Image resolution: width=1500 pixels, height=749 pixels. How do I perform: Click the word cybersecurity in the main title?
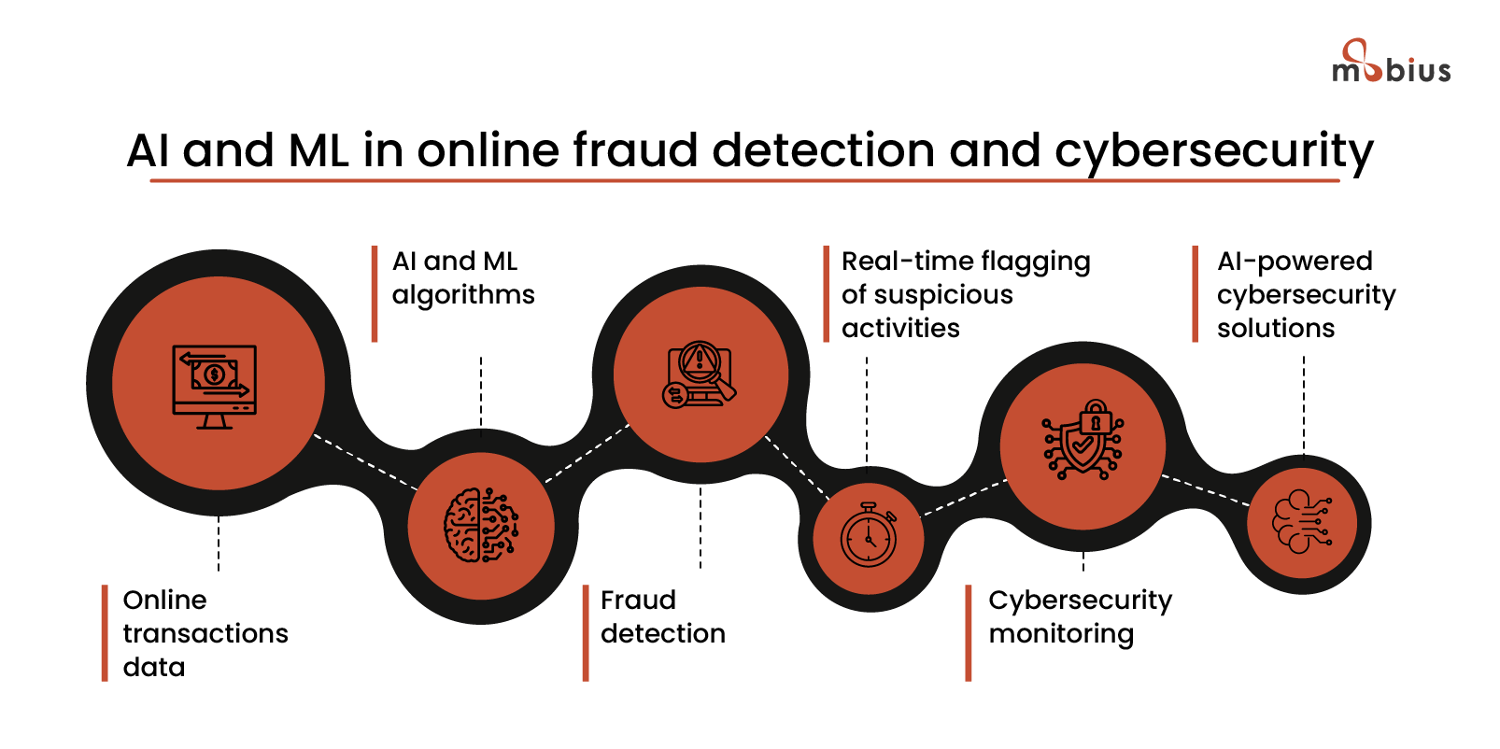pos(1213,151)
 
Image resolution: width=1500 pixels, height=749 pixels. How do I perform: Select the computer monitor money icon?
pos(215,386)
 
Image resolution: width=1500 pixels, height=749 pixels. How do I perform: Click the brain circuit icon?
pos(481,526)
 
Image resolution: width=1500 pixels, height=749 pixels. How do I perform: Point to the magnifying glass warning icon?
pos(700,374)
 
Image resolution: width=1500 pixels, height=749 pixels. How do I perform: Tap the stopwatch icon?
pos(869,536)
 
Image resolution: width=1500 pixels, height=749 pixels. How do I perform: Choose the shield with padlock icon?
pos(1083,441)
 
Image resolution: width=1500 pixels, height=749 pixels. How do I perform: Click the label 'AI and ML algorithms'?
pos(463,277)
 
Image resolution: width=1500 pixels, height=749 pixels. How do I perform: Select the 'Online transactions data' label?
pos(205,633)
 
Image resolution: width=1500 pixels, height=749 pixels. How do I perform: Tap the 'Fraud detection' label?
pos(662,616)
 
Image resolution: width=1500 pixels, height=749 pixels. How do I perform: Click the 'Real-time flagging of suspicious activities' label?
pos(965,294)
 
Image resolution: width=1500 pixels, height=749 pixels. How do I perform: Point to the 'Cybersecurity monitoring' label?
pos(1080,616)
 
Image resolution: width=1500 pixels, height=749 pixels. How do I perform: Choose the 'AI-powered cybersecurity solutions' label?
pos(1306,294)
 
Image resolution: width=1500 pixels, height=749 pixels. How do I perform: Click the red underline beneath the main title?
pos(744,179)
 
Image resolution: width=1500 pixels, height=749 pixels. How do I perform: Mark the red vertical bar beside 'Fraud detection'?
pos(586,633)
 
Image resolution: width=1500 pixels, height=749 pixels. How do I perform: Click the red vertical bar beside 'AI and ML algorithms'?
pos(375,293)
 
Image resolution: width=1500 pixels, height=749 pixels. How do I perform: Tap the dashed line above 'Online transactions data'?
pos(219,544)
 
